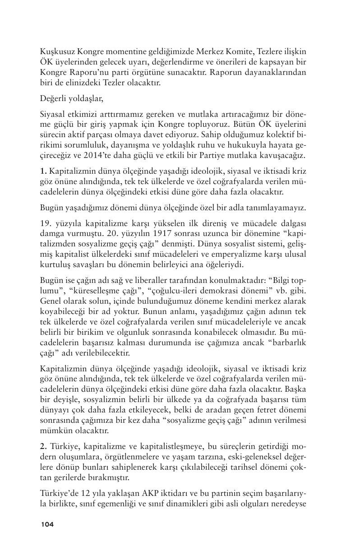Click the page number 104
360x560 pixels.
tap(47, 524)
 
